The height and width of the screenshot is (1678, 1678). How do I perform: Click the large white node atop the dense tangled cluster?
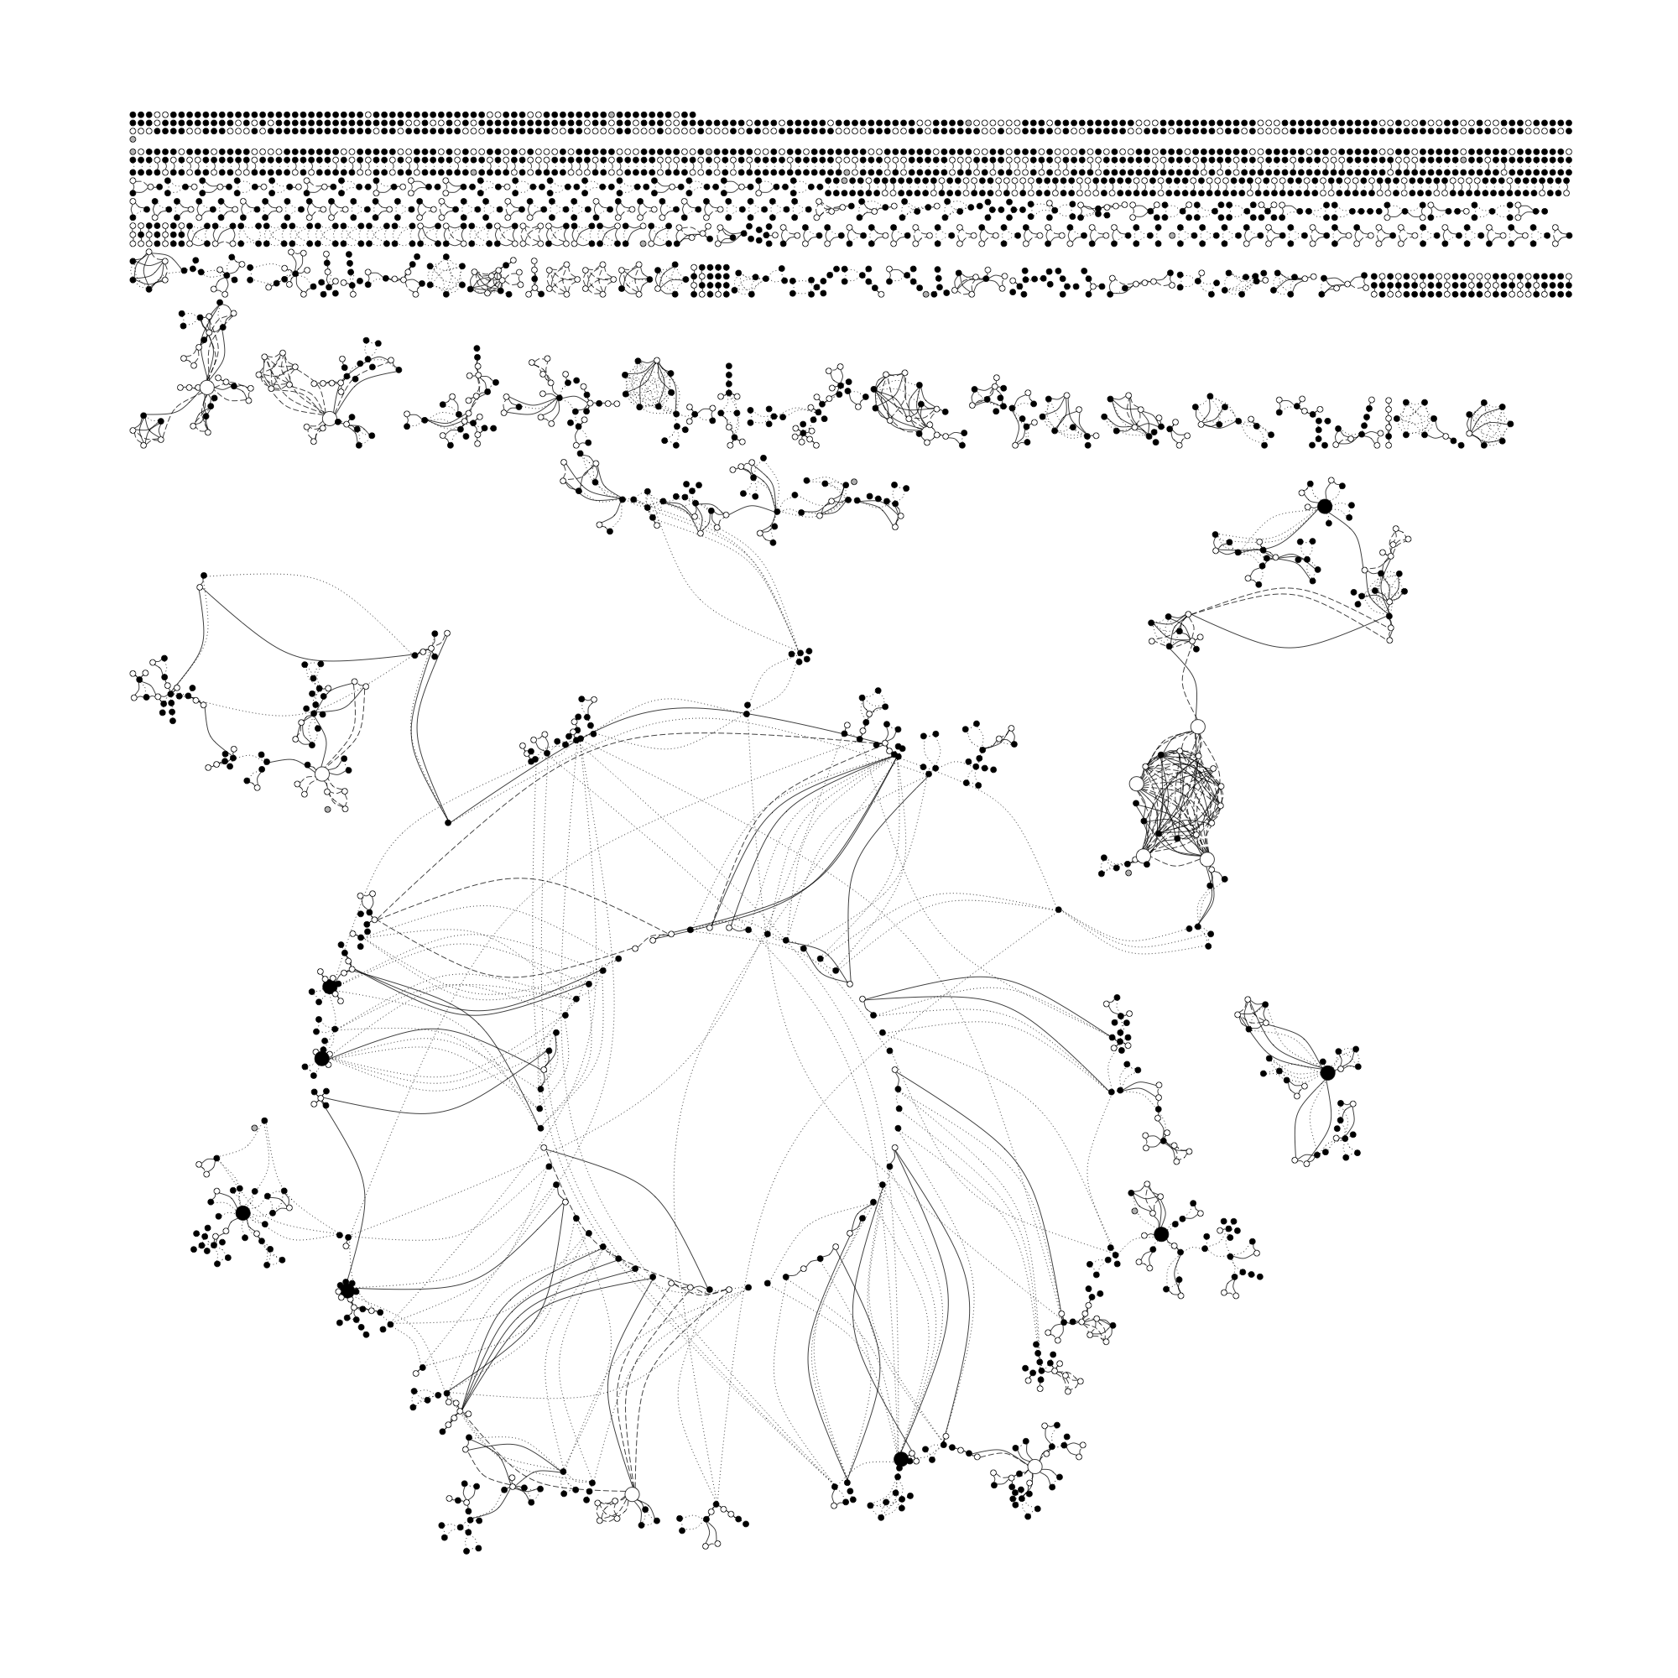[x=1198, y=726]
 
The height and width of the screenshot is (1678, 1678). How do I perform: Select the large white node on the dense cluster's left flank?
[x=1136, y=784]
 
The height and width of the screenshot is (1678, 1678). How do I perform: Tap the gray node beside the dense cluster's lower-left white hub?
[x=1128, y=873]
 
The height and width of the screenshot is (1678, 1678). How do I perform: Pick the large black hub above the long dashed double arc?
[x=1325, y=505]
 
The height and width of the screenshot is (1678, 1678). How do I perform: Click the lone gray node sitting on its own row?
[x=133, y=139]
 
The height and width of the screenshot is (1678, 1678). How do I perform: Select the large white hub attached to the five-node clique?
[x=206, y=388]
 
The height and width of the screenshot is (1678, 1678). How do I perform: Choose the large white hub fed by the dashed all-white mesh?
[x=328, y=419]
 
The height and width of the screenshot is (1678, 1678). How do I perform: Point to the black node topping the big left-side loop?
[x=203, y=575]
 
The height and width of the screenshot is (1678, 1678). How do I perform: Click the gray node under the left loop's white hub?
[x=327, y=809]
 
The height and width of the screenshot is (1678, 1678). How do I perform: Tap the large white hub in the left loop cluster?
[x=321, y=773]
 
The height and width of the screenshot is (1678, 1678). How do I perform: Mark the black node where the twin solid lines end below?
[x=448, y=821]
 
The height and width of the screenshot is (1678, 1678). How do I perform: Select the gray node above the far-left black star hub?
[x=254, y=1128]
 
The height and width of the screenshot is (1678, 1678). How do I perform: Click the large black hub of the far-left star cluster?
[x=243, y=1212]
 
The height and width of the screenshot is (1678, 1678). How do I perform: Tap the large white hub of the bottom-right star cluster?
[x=1034, y=1466]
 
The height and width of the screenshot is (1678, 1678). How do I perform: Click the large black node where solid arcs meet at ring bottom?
[x=900, y=1458]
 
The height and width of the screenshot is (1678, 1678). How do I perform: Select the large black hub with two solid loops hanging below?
[x=1327, y=1072]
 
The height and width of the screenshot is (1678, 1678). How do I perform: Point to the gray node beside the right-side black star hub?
[x=1134, y=1210]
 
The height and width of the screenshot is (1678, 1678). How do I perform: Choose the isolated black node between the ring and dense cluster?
[x=1058, y=909]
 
